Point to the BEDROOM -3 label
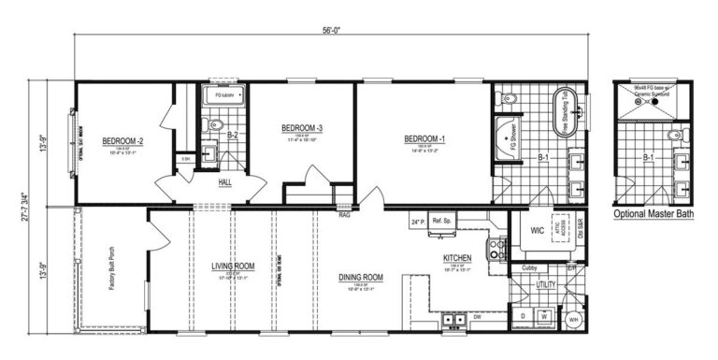[x=302, y=128]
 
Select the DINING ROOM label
[x=361, y=277]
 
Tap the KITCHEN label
[x=456, y=257]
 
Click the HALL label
[x=225, y=183]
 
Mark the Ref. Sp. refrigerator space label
[x=442, y=222]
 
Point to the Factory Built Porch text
[x=111, y=271]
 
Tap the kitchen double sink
[x=455, y=320]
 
